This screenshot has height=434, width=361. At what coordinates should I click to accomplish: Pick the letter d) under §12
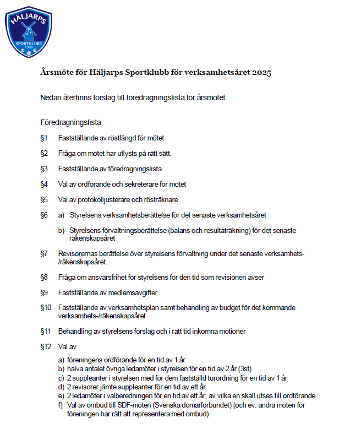click(62, 387)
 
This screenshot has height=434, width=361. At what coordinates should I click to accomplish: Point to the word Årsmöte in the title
click(57, 73)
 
